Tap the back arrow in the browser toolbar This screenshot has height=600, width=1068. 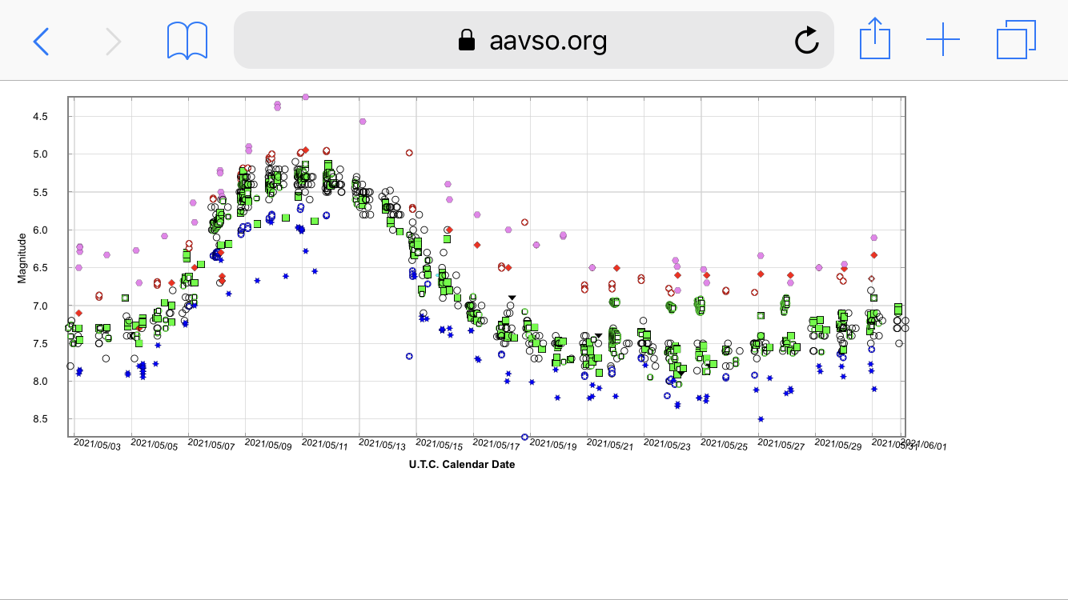pyautogui.click(x=41, y=41)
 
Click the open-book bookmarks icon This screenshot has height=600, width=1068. pyautogui.click(x=187, y=41)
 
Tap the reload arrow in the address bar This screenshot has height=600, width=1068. pyautogui.click(x=805, y=41)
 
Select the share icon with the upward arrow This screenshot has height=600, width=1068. pyautogui.click(x=874, y=40)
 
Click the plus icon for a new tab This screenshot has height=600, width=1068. pyautogui.click(x=942, y=40)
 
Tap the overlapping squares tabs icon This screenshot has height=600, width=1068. pyautogui.click(x=1016, y=40)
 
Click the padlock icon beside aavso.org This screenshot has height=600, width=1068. pyautogui.click(x=467, y=41)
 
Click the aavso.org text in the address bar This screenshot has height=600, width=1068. pyautogui.click(x=548, y=41)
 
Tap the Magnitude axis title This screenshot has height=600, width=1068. pyautogui.click(x=22, y=258)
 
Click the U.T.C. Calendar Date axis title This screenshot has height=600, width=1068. pyautogui.click(x=462, y=464)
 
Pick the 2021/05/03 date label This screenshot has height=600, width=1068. pyautogui.click(x=97, y=446)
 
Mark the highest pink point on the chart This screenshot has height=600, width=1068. pyautogui.click(x=305, y=97)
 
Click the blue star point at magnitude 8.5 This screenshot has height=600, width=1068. pyautogui.click(x=761, y=418)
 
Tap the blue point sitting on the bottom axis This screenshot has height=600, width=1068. pyautogui.click(x=524, y=437)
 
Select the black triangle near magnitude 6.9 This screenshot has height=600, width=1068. pyautogui.click(x=512, y=298)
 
